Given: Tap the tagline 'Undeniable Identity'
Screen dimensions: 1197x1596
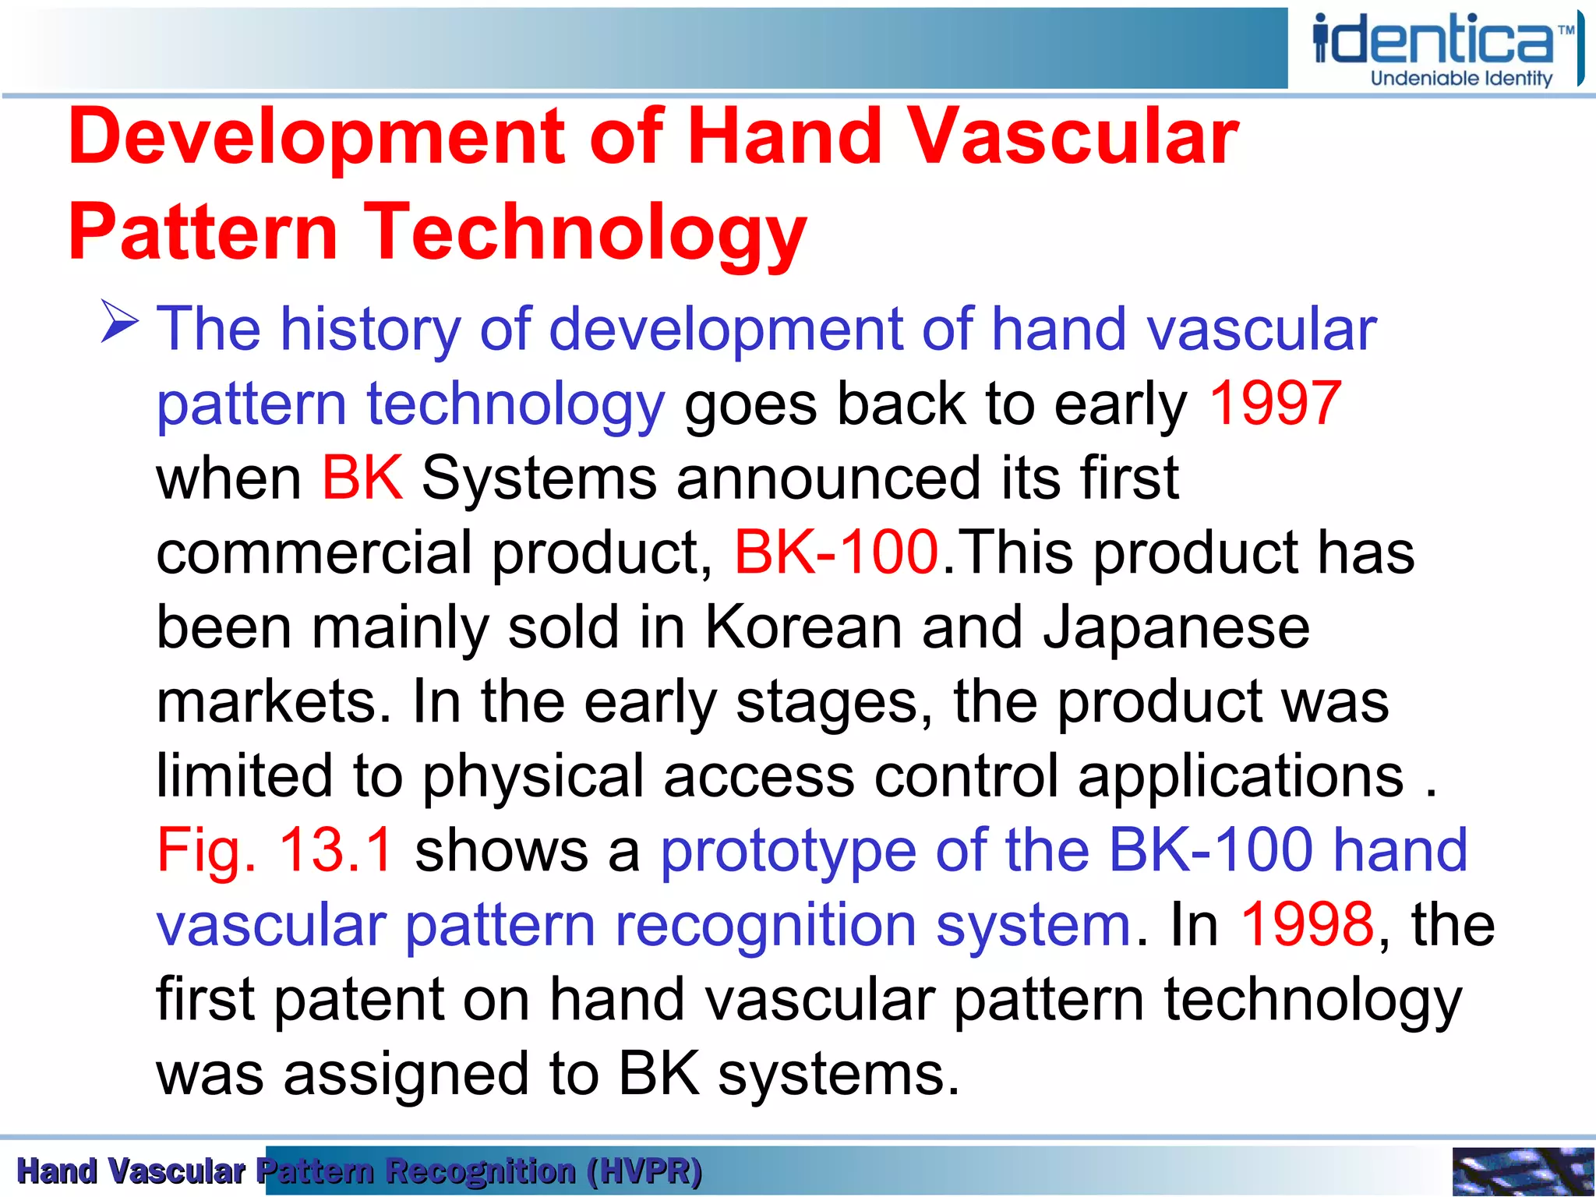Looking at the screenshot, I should point(1461,79).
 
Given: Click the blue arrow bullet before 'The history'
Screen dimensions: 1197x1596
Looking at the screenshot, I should point(119,323).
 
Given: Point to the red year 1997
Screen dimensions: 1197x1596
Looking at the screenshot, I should point(1274,404).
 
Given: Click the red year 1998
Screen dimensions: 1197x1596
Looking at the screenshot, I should point(1307,924).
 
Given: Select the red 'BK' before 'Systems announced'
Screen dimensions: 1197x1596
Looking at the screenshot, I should point(362,478).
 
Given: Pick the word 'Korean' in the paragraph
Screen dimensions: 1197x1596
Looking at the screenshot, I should point(803,627).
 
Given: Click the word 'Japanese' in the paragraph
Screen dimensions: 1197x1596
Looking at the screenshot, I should point(1176,627).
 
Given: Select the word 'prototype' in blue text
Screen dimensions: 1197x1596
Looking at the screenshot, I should point(788,850).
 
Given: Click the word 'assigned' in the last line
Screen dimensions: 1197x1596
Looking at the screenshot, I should point(406,1074).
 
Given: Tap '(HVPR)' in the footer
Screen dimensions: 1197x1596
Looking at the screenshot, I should point(644,1171).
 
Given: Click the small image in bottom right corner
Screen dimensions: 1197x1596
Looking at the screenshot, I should point(1523,1171).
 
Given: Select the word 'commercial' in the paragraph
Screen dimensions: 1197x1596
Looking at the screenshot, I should point(314,553).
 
